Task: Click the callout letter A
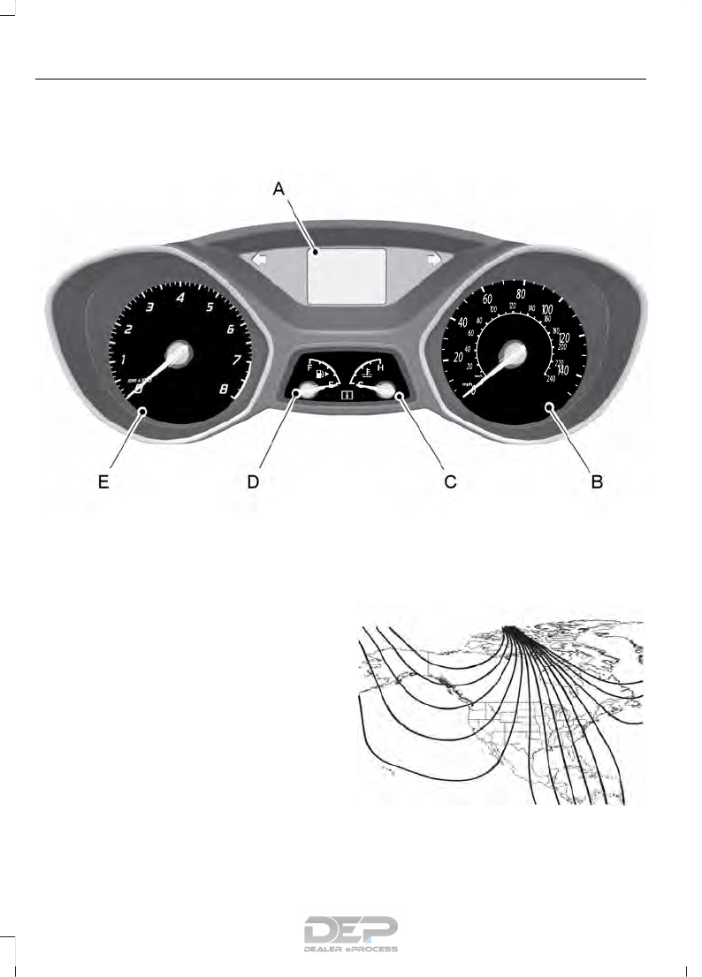point(279,189)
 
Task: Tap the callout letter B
point(598,482)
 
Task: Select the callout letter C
point(450,482)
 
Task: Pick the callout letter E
point(103,482)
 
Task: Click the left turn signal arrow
point(259,260)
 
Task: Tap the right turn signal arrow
point(434,260)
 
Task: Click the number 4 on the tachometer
point(180,298)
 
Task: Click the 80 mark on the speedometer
point(521,294)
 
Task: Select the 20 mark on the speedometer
point(457,357)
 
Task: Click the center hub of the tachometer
point(178,353)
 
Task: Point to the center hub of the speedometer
point(513,354)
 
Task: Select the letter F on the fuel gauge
point(309,365)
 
